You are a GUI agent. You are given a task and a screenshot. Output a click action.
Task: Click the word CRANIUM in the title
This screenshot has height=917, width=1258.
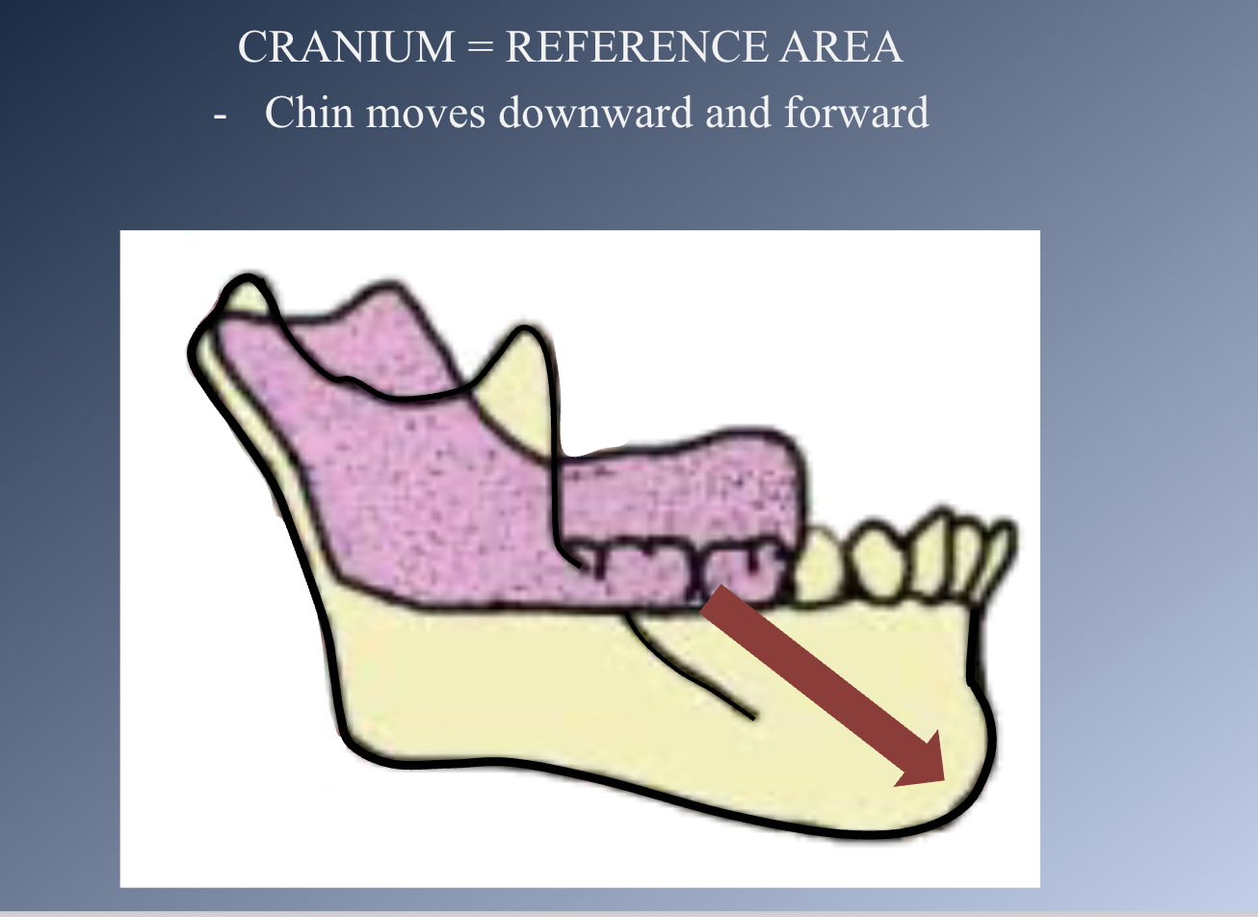coord(345,47)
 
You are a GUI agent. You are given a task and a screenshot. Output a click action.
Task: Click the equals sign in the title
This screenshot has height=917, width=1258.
coord(480,48)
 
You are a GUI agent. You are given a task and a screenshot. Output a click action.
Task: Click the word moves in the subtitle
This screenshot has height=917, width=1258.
coord(425,113)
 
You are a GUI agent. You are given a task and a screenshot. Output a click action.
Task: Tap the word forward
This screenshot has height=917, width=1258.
coord(855,113)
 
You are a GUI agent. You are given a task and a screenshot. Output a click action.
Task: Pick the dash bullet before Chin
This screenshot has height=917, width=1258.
coord(221,115)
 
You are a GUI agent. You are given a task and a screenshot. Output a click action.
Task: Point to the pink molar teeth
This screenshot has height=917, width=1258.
coord(674,568)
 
